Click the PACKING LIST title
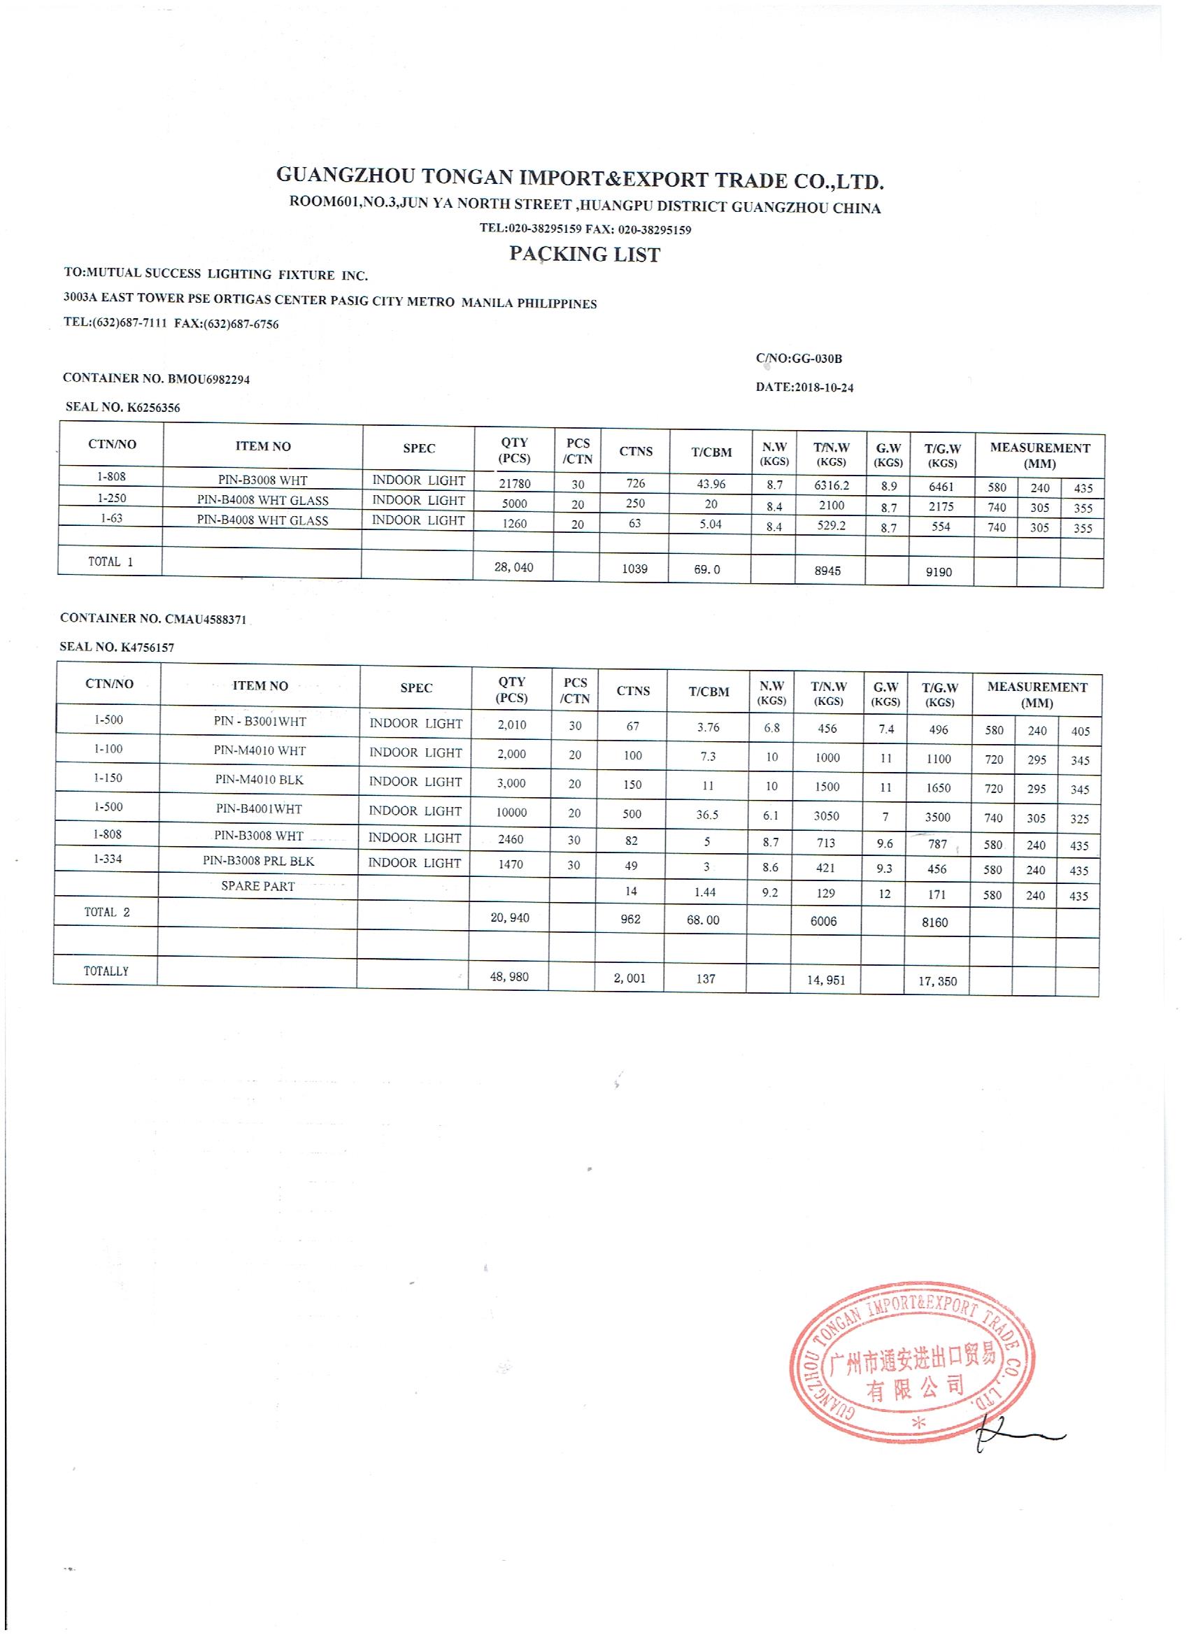pos(584,254)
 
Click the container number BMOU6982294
pos(209,378)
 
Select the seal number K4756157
pos(147,648)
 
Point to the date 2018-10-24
pos(823,387)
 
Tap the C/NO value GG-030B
pos(816,358)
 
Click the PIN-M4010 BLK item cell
pos(259,780)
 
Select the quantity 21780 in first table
pos(515,484)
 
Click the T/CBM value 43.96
pos(711,484)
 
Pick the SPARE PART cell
pos(258,886)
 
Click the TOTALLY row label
pos(106,971)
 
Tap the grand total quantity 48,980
pos(509,977)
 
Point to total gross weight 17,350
pos(937,980)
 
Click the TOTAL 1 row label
pos(111,562)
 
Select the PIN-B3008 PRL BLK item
pos(258,862)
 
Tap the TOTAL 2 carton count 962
pos(630,919)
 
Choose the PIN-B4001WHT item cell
pos(259,809)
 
